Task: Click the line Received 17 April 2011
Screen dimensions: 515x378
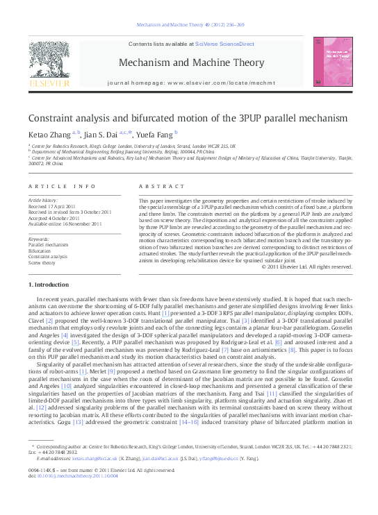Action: click(53, 207)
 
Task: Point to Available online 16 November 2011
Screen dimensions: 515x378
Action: click(64, 223)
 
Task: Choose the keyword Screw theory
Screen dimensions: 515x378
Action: click(43, 262)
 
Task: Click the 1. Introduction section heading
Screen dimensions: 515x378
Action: click(50, 285)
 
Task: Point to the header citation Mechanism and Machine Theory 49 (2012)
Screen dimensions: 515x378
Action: click(188, 24)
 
